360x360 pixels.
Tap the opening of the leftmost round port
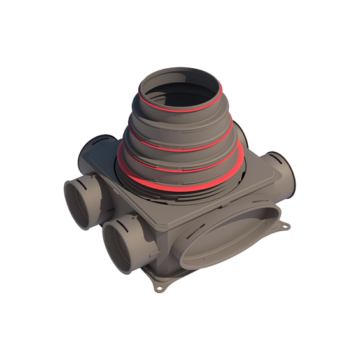[x=79, y=203]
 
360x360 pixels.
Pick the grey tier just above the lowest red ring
[x=182, y=175]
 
